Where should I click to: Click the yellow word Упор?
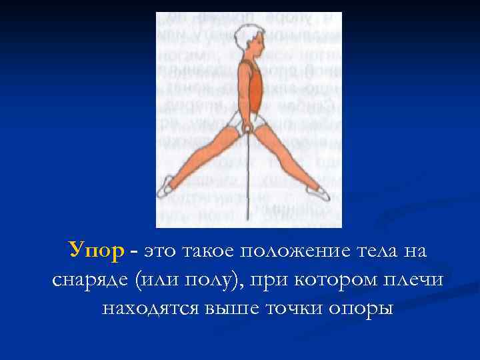pos(96,252)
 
